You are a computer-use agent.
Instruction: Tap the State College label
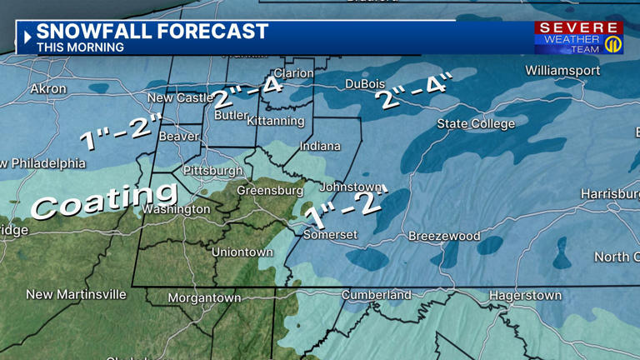(476, 124)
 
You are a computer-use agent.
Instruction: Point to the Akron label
(47, 88)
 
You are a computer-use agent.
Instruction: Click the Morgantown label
(204, 297)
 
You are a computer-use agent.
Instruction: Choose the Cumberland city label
(377, 294)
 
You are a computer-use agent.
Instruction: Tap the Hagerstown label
(525, 295)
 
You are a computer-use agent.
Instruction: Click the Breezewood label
(444, 236)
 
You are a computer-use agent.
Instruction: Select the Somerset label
(330, 234)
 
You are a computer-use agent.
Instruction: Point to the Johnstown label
(351, 187)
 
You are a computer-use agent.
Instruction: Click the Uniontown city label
(242, 252)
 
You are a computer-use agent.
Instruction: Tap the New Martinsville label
(76, 294)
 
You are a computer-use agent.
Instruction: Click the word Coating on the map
(92, 201)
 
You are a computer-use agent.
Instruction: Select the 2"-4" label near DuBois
(414, 92)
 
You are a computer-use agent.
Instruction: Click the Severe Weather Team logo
(578, 38)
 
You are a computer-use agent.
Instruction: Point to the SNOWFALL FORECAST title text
(152, 32)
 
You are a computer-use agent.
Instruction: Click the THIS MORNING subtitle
(80, 47)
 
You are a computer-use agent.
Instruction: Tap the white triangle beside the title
(27, 37)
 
